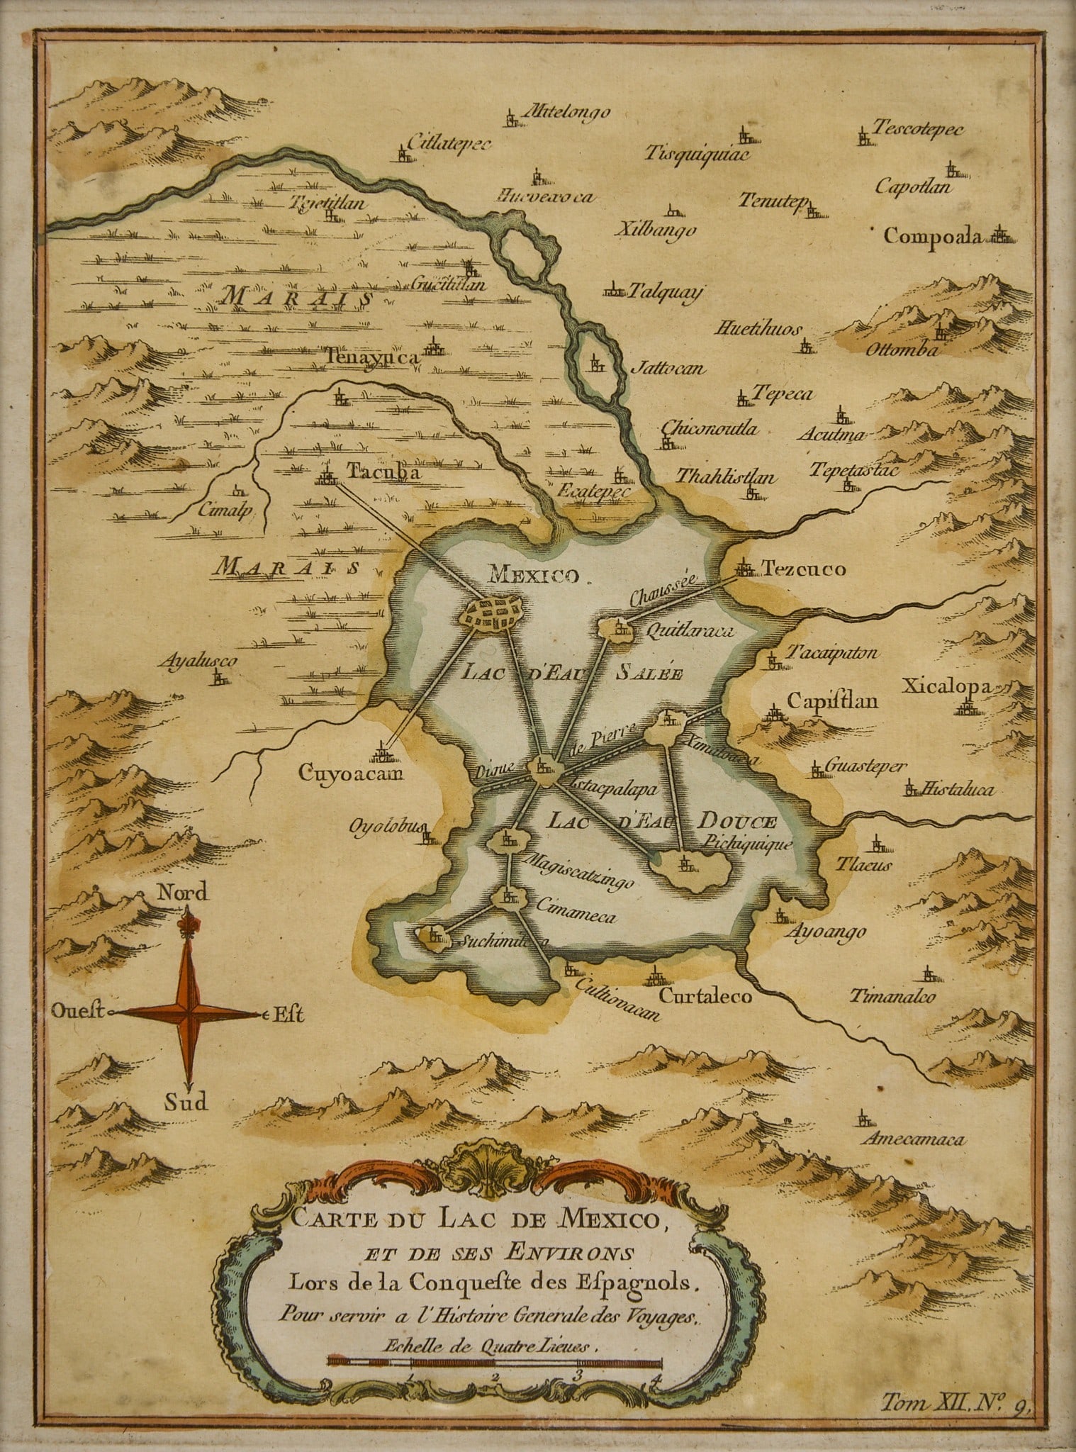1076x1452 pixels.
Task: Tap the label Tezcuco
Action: tap(803, 569)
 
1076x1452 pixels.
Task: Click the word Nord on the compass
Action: tap(182, 893)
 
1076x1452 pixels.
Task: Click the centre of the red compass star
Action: tap(187, 1014)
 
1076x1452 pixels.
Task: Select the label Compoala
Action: tap(934, 236)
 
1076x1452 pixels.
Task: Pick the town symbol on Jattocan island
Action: tap(597, 364)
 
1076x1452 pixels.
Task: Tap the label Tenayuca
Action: tap(374, 358)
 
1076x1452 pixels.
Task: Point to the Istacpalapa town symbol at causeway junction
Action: tap(543, 767)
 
